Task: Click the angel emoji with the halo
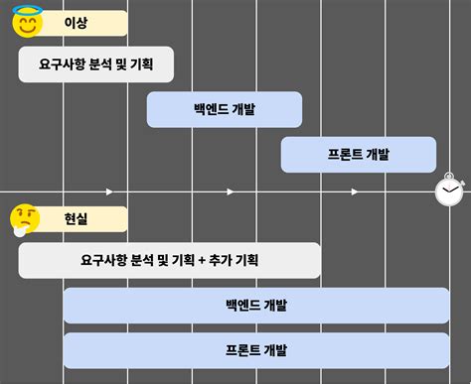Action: (x=28, y=22)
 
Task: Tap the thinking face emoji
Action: (x=25, y=219)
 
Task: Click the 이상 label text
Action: (x=76, y=23)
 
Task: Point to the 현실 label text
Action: (x=76, y=218)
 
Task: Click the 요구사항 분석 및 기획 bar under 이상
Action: (x=97, y=64)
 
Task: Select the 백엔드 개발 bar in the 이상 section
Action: (x=225, y=109)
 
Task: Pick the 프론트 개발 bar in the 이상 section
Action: (x=358, y=154)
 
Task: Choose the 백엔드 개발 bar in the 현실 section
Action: (x=256, y=305)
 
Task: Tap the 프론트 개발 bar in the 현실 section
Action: (x=256, y=349)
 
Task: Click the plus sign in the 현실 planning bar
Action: (x=201, y=261)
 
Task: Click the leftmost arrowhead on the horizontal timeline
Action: (x=109, y=191)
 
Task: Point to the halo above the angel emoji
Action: (x=28, y=9)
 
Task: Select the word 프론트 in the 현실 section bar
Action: (x=243, y=349)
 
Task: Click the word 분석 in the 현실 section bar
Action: (x=143, y=261)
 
